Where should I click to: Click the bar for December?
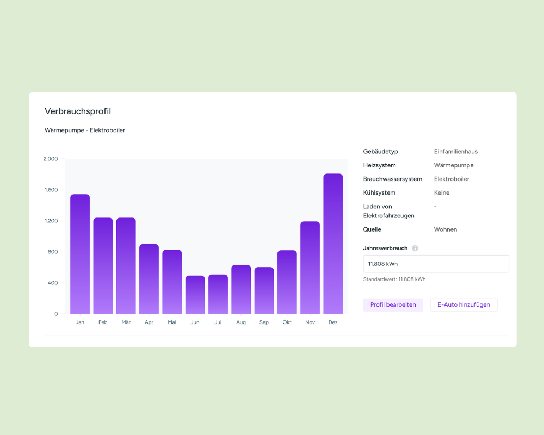[333, 244]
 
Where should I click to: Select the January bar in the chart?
[80, 254]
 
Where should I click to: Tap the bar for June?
[195, 295]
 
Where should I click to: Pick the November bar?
[310, 268]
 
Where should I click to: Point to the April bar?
[149, 279]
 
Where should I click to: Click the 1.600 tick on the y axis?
[51, 190]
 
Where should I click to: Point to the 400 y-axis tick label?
[53, 283]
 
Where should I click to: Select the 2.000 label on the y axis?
[51, 159]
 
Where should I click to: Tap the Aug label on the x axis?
[241, 322]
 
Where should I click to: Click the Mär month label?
[126, 322]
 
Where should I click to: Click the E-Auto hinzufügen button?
[464, 305]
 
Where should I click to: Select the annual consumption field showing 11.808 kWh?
[436, 264]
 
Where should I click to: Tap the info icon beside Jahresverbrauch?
[415, 248]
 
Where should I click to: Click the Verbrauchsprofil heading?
[78, 111]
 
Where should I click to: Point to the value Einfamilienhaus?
[456, 152]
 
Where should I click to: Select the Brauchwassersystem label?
[393, 179]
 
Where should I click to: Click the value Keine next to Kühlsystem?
[442, 193]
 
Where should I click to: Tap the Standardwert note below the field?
[394, 279]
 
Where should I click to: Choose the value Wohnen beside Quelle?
[446, 229]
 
